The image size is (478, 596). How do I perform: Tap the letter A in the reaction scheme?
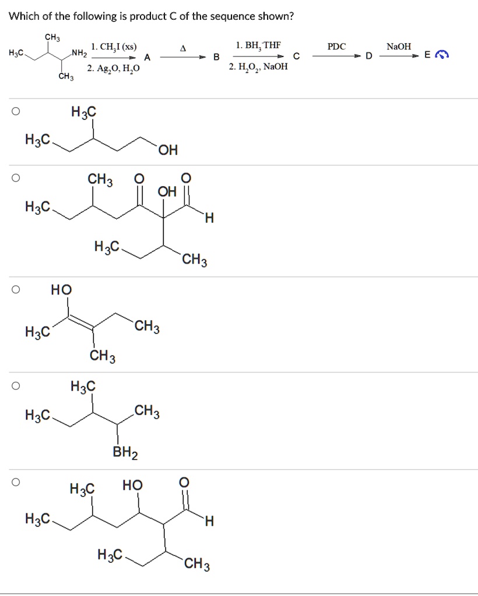tap(147, 57)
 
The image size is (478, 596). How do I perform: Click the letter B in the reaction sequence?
tap(216, 57)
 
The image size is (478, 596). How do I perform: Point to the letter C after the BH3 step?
tap(296, 57)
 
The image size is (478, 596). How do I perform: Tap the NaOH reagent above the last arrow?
tap(399, 46)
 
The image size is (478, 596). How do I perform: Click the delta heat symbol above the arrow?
tap(182, 47)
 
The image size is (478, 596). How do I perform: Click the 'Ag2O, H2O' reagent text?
tap(114, 69)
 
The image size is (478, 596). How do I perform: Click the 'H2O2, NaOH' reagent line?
tap(258, 67)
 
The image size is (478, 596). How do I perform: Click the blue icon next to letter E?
tap(444, 56)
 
